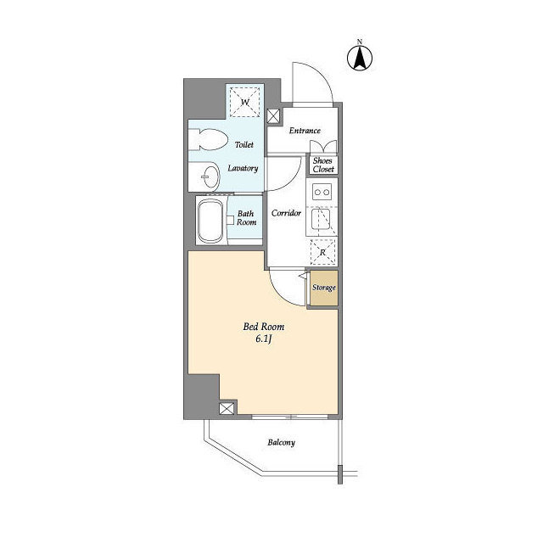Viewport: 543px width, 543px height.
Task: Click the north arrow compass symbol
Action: (360, 58)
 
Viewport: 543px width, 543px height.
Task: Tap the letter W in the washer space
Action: (245, 102)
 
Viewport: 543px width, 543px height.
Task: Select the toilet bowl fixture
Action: (208, 139)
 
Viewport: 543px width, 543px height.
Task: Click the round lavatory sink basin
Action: (210, 176)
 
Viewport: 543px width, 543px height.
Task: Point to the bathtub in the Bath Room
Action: (211, 221)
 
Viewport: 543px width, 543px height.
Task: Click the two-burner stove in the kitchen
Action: (322, 192)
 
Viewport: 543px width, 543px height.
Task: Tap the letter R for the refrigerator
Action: (322, 253)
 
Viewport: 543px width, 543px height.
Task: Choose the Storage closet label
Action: (324, 288)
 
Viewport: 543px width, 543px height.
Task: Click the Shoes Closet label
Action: (323, 165)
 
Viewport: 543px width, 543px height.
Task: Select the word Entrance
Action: (305, 131)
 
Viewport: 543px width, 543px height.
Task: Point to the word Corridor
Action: (286, 213)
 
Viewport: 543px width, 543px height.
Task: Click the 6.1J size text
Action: (263, 339)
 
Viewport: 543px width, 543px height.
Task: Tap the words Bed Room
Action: (264, 327)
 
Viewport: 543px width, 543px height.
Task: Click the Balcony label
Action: (281, 443)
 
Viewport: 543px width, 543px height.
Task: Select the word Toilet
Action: (244, 145)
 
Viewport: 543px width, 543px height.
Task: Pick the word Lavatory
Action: (243, 168)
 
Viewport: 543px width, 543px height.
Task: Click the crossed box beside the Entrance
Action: (273, 116)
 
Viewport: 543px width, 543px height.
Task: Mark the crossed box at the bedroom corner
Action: (227, 408)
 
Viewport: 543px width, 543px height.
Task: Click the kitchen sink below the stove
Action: (321, 219)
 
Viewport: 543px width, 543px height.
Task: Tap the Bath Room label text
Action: (246, 218)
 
